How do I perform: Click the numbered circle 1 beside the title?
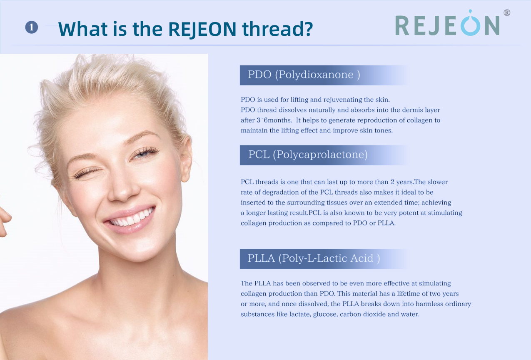[x=32, y=27]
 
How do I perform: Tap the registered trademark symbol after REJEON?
[x=507, y=12]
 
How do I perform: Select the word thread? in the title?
[x=278, y=29]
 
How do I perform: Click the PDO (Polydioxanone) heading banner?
[x=324, y=75]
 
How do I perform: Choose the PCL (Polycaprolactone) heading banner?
[x=324, y=155]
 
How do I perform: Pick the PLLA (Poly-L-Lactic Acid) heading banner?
[x=324, y=259]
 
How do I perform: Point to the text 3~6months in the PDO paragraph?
[x=274, y=120]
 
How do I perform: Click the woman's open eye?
[x=145, y=153]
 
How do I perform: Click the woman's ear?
[x=186, y=159]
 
